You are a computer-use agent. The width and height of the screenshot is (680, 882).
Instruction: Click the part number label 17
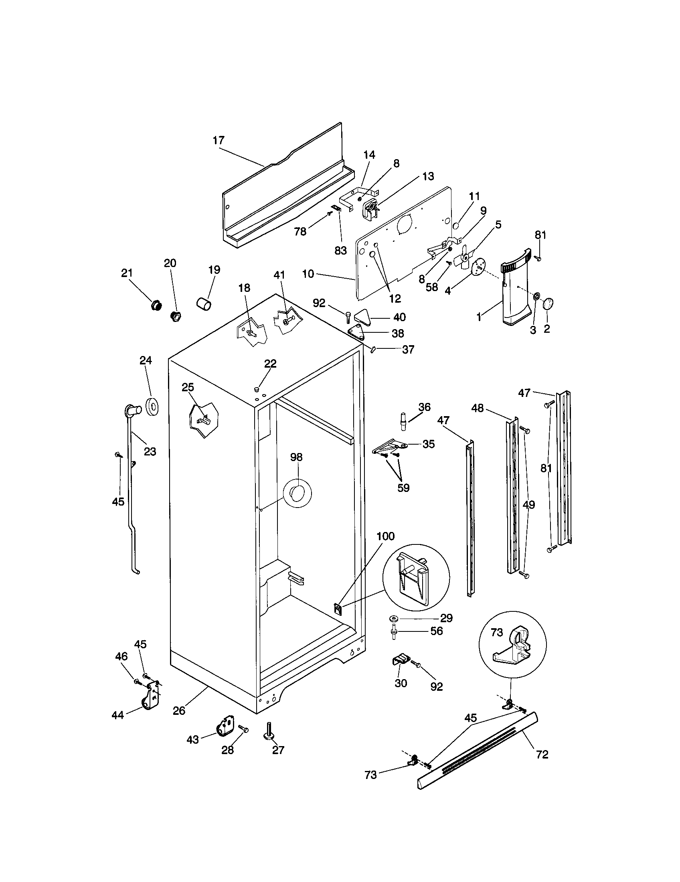pyautogui.click(x=218, y=141)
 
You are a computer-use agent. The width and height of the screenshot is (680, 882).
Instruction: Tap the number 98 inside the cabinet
pyautogui.click(x=296, y=457)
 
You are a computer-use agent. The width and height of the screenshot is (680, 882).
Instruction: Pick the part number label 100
pyautogui.click(x=385, y=536)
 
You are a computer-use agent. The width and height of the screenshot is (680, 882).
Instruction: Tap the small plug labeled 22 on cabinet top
pyautogui.click(x=256, y=389)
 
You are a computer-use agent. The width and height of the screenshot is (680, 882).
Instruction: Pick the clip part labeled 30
pyautogui.click(x=400, y=661)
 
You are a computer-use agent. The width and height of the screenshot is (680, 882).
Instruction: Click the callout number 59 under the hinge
pyautogui.click(x=403, y=488)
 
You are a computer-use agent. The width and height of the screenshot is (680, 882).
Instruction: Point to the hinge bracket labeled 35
pyautogui.click(x=390, y=447)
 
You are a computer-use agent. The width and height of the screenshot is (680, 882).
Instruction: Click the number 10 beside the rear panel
pyautogui.click(x=308, y=274)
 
